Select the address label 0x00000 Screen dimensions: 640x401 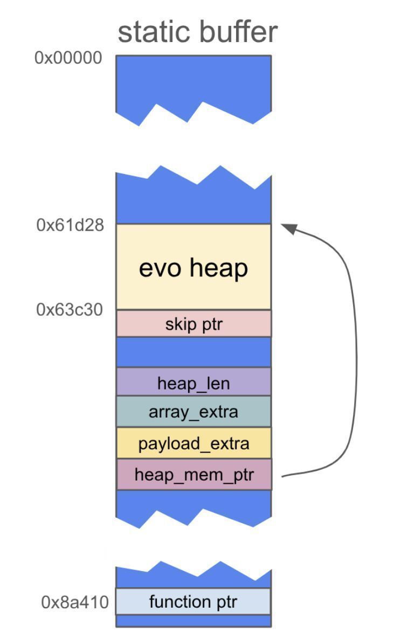[x=68, y=58]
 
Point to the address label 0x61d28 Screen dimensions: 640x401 [x=70, y=225]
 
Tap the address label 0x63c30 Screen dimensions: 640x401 [x=70, y=310]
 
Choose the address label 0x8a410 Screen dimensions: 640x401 [x=75, y=602]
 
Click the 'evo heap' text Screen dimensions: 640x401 [x=193, y=268]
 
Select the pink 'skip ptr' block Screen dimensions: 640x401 [x=193, y=324]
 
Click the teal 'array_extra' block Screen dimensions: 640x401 [x=193, y=412]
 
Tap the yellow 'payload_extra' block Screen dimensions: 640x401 [x=193, y=443]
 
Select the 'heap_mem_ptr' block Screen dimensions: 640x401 [x=193, y=475]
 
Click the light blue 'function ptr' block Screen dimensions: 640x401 [x=193, y=602]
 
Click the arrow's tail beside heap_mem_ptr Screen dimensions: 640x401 [x=285, y=476]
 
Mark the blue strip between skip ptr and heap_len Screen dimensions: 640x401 [x=193, y=352]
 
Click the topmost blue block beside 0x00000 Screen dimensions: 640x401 [x=193, y=81]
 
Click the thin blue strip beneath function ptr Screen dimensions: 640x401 [x=193, y=621]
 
